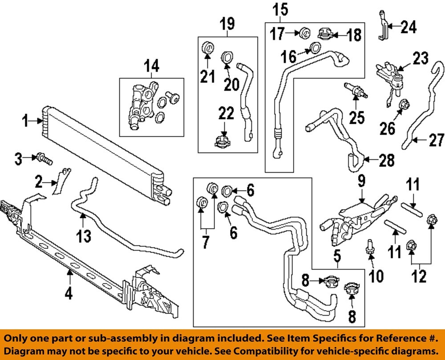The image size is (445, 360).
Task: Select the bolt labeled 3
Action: click(44, 158)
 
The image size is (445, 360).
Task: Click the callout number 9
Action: click(361, 181)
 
